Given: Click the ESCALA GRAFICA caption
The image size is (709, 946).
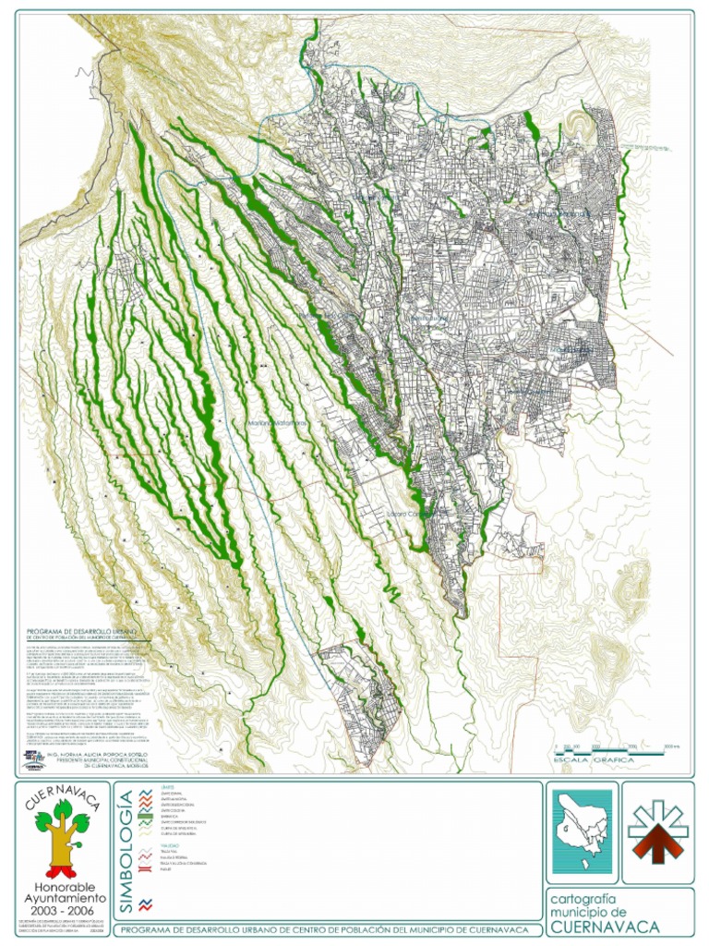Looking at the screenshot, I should click(x=591, y=759).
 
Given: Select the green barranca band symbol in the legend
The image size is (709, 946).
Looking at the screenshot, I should click(x=143, y=819).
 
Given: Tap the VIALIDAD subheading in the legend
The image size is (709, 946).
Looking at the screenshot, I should click(x=169, y=845).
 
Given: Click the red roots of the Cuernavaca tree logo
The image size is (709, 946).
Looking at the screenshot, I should click(x=61, y=869).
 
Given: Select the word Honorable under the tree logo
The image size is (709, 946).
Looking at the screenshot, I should click(x=61, y=886).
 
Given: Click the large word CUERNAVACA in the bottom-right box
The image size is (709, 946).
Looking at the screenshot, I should click(x=610, y=927).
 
